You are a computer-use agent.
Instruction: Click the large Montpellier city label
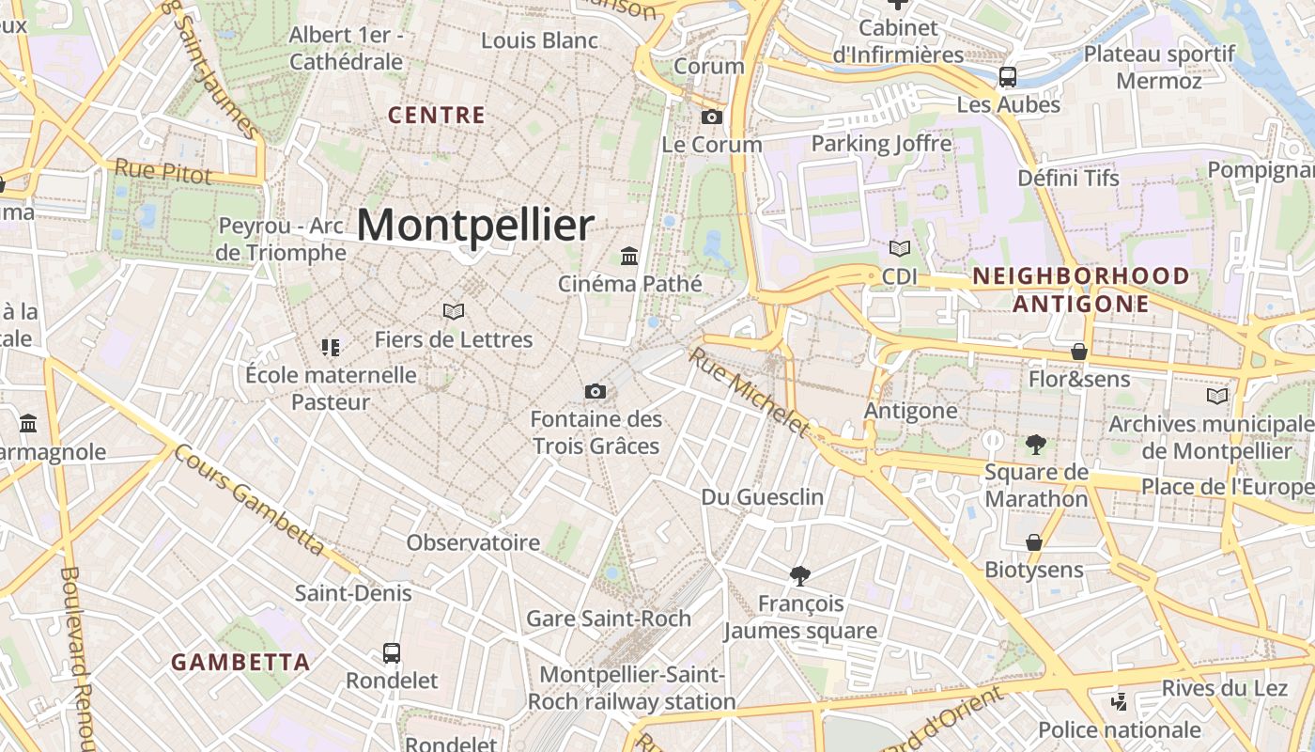pos(475,226)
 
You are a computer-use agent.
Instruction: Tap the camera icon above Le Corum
pos(712,117)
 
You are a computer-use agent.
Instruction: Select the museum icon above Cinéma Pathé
pos(629,256)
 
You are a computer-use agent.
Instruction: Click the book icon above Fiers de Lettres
pos(454,311)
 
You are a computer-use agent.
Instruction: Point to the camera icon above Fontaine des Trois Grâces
pos(595,391)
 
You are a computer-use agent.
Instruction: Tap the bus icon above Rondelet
pos(392,652)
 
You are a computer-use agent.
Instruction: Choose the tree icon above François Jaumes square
pos(800,574)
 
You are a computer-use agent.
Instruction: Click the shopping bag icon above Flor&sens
pos(1079,352)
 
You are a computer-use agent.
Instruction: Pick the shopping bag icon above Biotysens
pos(1033,542)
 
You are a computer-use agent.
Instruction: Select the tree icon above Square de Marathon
pos(1036,444)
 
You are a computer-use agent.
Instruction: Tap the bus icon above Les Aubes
pos(1008,77)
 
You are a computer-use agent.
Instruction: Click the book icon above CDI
pos(899,249)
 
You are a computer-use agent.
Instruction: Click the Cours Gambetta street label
pos(250,499)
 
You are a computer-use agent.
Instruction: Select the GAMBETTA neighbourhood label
pos(240,662)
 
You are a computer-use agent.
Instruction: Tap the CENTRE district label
pos(437,116)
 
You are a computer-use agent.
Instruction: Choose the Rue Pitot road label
pos(162,171)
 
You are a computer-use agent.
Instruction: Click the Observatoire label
pos(472,542)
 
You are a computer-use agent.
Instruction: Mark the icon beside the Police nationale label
pos(1119,701)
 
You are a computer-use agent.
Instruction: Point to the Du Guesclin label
pos(763,496)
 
